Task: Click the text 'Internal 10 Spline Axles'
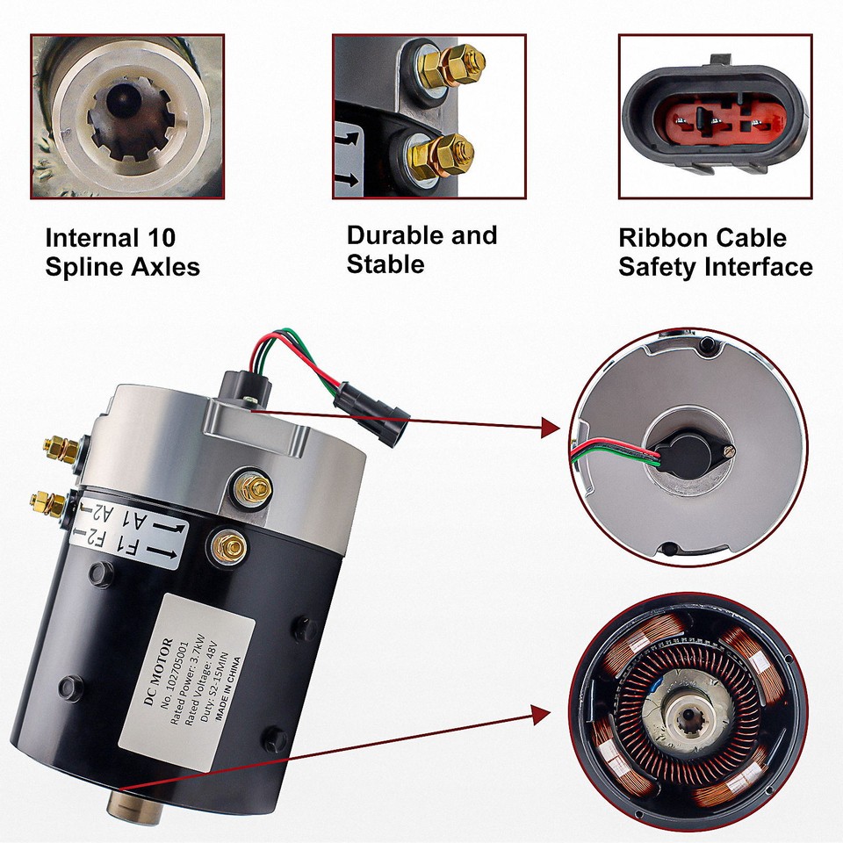122,252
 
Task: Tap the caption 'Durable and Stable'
421,249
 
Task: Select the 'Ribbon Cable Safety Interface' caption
715,252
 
